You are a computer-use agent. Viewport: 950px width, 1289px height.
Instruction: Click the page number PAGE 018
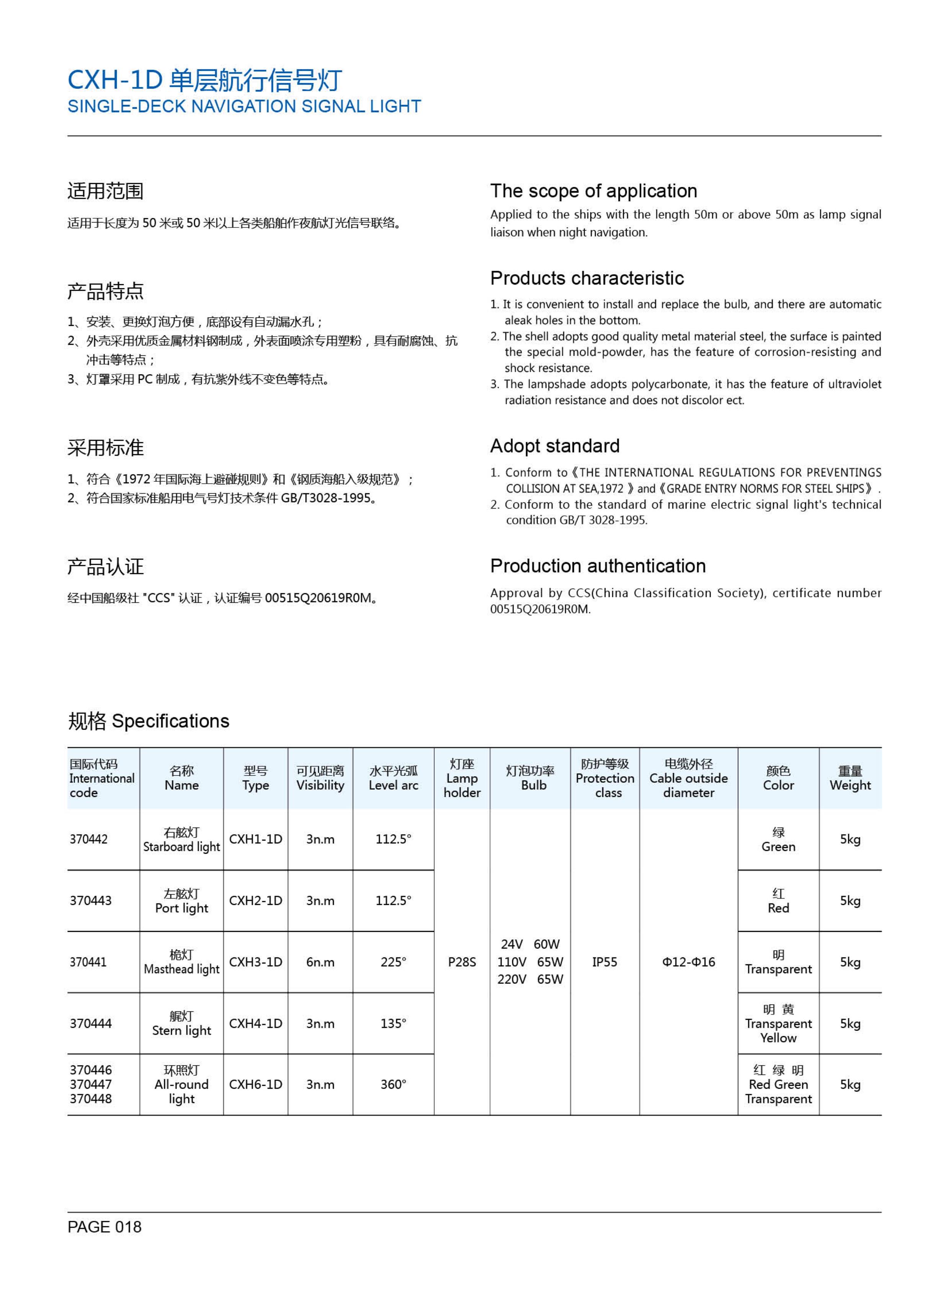104,1227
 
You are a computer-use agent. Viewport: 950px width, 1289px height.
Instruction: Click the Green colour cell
778,840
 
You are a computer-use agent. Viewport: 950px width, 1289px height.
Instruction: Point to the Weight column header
850,778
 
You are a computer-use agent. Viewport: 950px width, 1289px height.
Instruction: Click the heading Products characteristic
587,278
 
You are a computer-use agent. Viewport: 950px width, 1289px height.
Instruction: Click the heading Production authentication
597,566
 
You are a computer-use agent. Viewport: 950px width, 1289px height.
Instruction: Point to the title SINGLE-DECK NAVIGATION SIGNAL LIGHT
244,106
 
